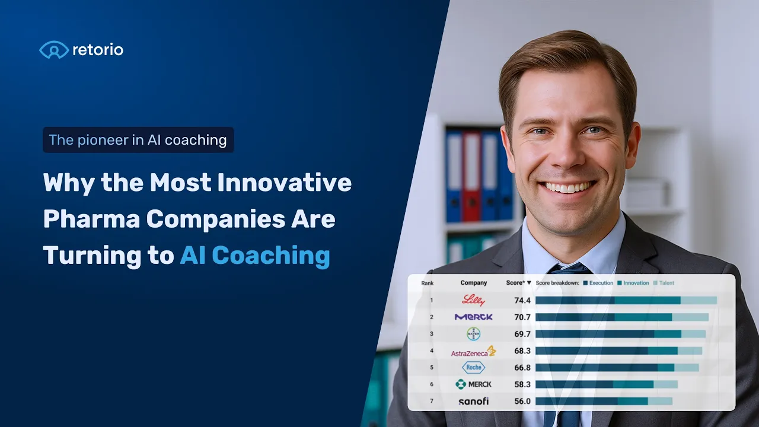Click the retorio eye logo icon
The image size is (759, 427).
[54, 50]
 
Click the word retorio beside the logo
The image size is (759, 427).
[98, 50]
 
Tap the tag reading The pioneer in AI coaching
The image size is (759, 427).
[138, 140]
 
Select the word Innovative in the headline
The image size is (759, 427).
[284, 183]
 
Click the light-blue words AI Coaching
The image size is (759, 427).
[255, 256]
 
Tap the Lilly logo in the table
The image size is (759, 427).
[473, 300]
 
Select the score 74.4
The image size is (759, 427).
[522, 301]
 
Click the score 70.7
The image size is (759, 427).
[522, 317]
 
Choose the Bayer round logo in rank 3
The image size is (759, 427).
[473, 334]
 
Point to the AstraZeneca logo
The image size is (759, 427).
[473, 352]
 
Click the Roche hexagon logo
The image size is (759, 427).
[473, 368]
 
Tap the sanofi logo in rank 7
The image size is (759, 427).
[473, 401]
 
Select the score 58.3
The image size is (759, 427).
[522, 384]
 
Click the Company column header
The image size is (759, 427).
[473, 283]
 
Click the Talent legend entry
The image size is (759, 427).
[665, 283]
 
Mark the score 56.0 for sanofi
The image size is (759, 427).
[522, 401]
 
